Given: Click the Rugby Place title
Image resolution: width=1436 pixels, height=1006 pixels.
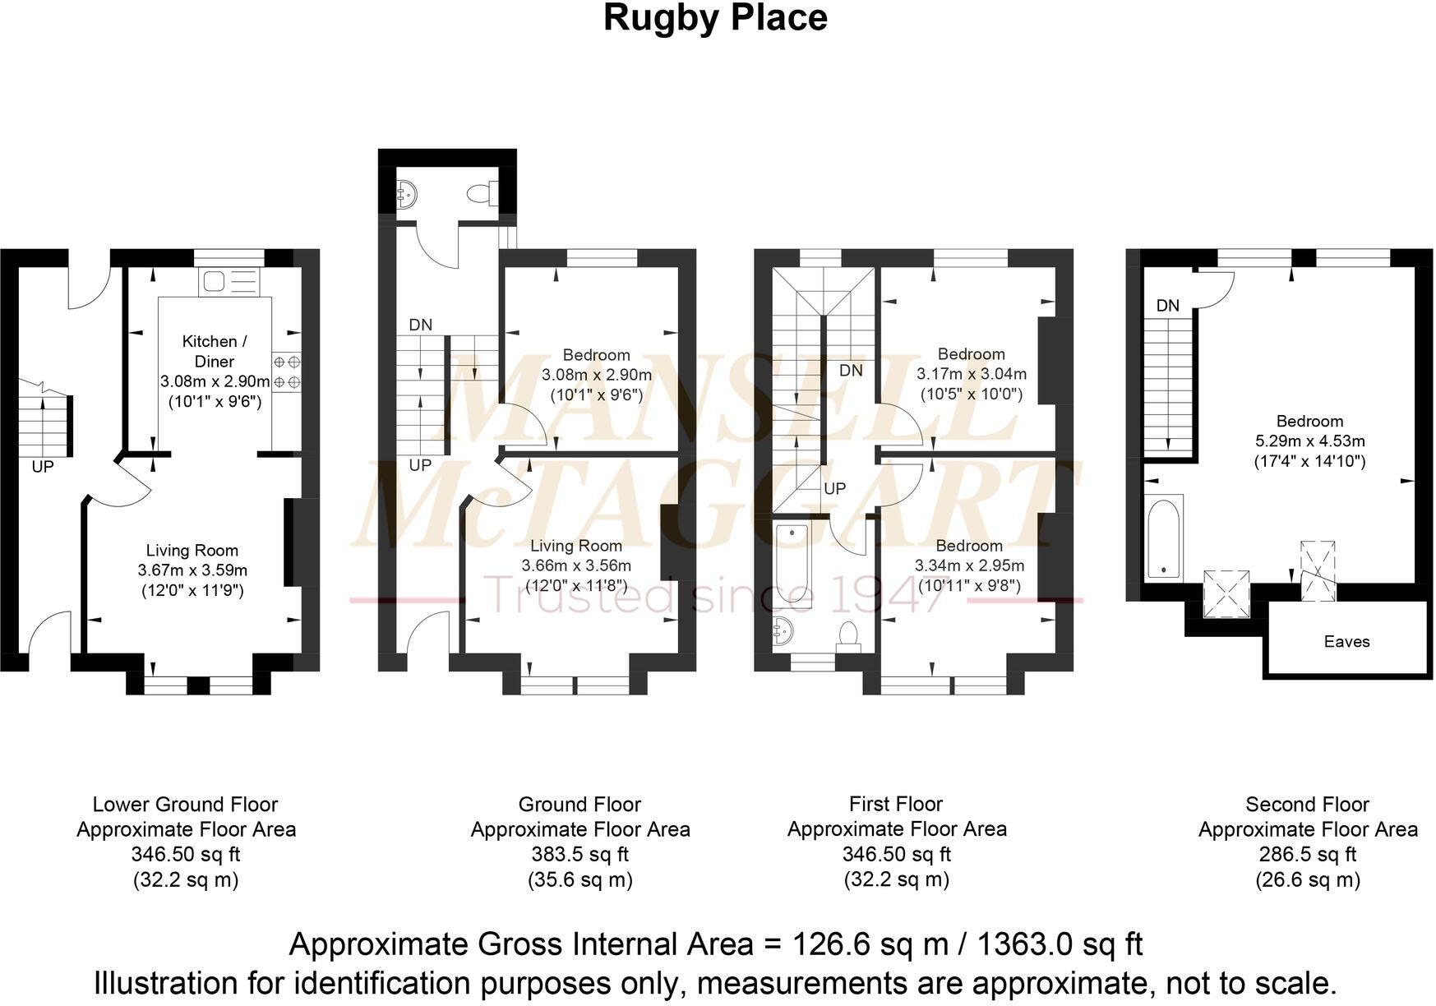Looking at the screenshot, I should coord(715,19).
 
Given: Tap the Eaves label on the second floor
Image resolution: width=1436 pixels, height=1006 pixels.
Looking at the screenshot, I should coord(1346,642).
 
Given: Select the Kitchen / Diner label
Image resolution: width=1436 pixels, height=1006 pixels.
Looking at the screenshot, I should coord(215,351).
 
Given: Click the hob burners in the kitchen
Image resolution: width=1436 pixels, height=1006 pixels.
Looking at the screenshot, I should coord(287,371).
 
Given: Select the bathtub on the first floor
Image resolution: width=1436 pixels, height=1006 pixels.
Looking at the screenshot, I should coord(792,565).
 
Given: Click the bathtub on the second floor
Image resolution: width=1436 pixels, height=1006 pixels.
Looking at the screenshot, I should coord(1164,537).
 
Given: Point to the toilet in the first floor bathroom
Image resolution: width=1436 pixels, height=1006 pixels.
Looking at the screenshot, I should coord(848,635).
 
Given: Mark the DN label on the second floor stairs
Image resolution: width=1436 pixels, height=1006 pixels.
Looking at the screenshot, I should coord(1167,306).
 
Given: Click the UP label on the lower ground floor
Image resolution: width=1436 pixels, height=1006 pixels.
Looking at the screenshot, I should coord(43,467).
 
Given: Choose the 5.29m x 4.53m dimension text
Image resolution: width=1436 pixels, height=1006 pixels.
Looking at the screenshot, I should coord(1309,441).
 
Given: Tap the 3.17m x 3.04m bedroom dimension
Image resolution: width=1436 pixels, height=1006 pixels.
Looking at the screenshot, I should coord(972,374).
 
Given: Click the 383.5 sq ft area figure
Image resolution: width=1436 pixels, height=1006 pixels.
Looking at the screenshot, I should coord(579,855).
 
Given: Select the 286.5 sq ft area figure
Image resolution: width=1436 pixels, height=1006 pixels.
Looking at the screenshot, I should coord(1307,855).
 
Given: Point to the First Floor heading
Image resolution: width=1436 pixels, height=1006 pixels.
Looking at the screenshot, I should coord(896,804).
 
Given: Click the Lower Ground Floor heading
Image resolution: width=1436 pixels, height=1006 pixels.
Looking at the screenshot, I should coord(185,805).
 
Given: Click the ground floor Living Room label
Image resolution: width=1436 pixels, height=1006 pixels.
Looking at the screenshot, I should coord(575,546).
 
